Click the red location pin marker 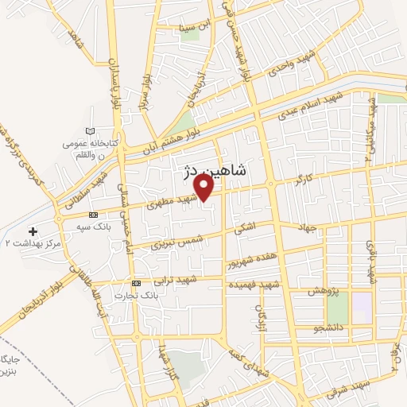point(204,187)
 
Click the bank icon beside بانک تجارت point(137,283)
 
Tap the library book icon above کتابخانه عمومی point(90,130)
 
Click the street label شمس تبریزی point(178,238)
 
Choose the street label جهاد point(306,228)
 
